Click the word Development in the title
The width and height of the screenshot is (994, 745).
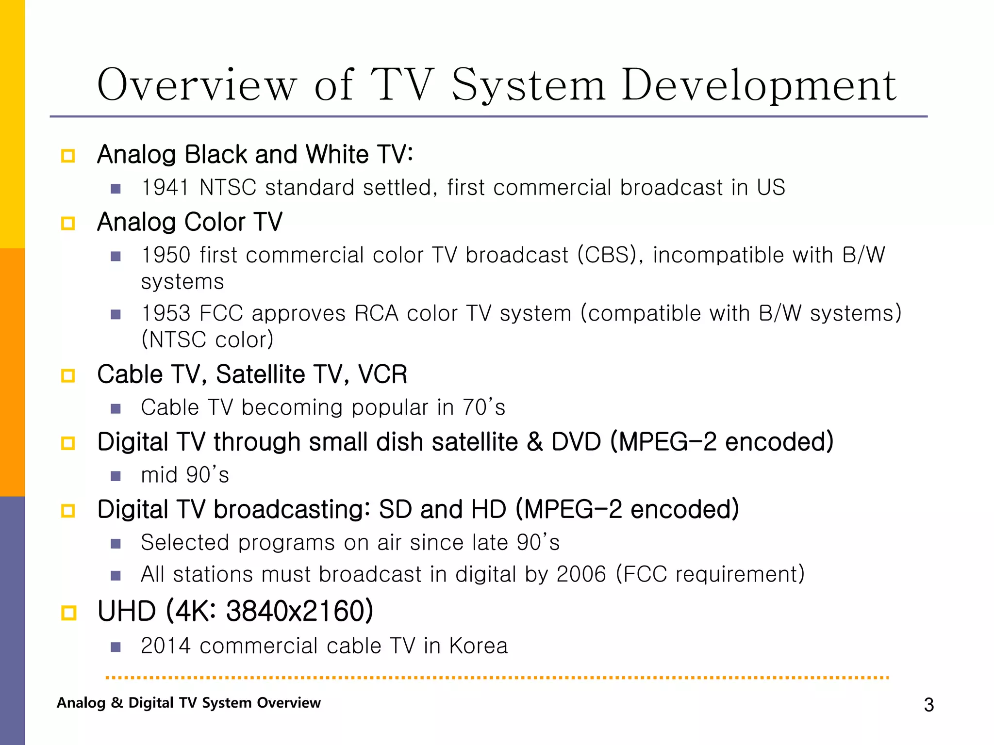759,85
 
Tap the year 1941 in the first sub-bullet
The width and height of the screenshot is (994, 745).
166,188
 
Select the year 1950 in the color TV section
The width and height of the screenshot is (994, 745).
166,255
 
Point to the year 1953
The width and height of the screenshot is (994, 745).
166,313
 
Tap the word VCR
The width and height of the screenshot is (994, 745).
382,374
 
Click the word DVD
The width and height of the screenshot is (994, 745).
576,442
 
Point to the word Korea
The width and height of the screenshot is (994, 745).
478,646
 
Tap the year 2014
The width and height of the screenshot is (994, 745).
166,646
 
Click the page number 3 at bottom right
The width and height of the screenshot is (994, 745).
928,705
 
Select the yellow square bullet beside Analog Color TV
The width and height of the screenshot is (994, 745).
68,224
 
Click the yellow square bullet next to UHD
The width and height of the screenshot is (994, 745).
68,613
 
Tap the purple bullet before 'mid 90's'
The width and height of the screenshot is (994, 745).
116,476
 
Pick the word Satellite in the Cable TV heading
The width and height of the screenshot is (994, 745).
261,374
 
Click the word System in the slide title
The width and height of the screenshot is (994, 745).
529,85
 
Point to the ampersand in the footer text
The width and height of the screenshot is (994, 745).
116,703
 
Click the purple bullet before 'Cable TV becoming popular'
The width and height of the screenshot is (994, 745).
116,408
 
